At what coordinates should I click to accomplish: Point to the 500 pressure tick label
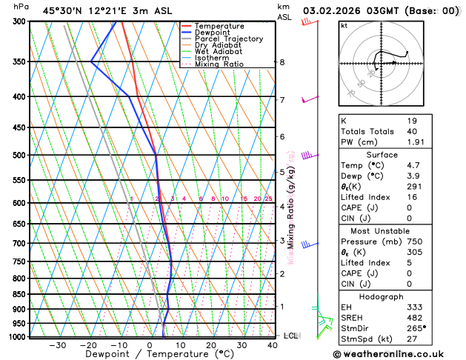click(x=19, y=156)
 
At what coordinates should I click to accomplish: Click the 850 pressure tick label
click(x=19, y=295)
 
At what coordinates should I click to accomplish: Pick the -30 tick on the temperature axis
click(x=57, y=345)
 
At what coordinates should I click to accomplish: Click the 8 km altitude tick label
click(x=282, y=62)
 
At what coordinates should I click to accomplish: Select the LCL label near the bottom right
click(x=290, y=336)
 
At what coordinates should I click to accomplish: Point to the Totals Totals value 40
click(x=412, y=131)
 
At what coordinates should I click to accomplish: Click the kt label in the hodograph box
click(x=344, y=26)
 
